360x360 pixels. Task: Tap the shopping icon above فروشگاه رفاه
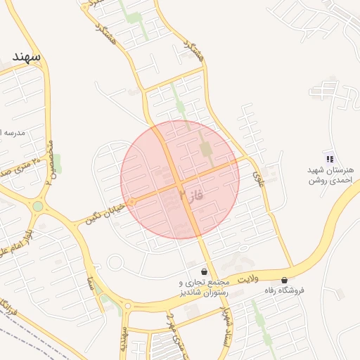[x=284, y=280]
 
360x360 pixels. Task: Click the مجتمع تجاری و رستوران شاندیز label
[x=203, y=286]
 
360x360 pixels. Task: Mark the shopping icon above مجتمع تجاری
[x=204, y=271]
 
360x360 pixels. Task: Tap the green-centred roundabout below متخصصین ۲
[x=37, y=206]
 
